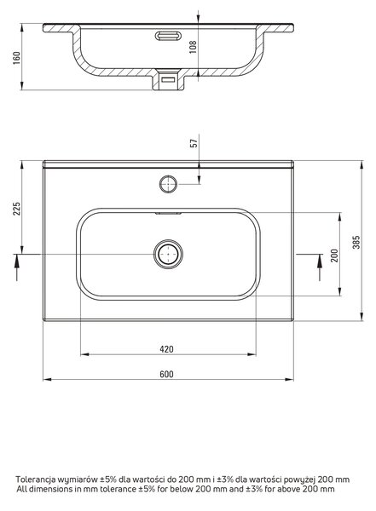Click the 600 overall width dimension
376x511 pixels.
click(x=166, y=374)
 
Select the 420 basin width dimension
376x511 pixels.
click(x=166, y=349)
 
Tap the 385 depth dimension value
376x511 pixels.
click(x=356, y=242)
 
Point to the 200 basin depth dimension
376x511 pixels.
click(x=334, y=255)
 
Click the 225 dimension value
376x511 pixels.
click(x=17, y=209)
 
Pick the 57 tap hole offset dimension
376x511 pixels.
click(x=194, y=143)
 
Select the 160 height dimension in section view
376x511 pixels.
click(x=17, y=58)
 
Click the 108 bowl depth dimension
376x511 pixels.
click(x=193, y=47)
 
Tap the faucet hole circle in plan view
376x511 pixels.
click(x=169, y=184)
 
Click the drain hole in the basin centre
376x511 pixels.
click(x=168, y=254)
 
